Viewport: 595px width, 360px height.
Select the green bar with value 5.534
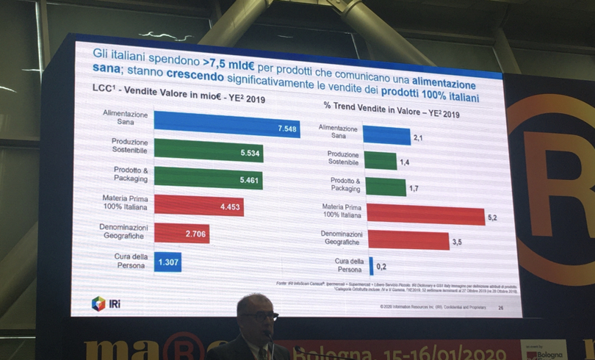[x=208, y=151]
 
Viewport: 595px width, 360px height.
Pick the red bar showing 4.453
[x=198, y=206]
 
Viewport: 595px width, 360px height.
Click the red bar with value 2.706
[x=181, y=233]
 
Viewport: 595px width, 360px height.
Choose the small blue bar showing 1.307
[x=167, y=262]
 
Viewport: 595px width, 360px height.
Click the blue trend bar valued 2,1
[x=386, y=136]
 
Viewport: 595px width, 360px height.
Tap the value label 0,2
[x=382, y=267]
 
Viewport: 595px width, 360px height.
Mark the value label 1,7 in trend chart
[x=415, y=188]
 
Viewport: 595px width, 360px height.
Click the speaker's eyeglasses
[x=261, y=316]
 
